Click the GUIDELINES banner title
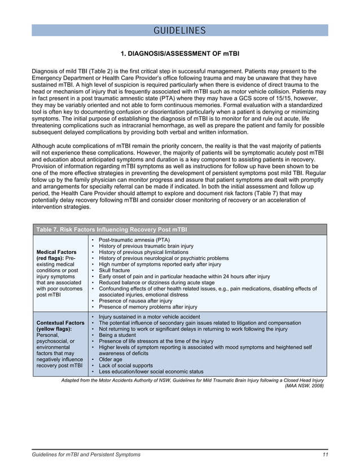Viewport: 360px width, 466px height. tap(180, 30)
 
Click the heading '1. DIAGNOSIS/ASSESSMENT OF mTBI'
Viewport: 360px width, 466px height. tap(180, 54)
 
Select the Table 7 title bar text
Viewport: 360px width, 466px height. tap(111, 230)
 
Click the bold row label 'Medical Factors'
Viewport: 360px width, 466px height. tap(56, 252)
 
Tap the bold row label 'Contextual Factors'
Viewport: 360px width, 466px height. tap(60, 322)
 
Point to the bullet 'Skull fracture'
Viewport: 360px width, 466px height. tap(114, 270)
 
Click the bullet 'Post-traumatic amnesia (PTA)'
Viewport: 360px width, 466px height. tap(134, 240)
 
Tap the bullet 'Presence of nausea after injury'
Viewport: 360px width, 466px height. tap(135, 301)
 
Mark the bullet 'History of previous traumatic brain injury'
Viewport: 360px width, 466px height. tap(146, 246)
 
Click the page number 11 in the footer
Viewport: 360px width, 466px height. tap(325, 454)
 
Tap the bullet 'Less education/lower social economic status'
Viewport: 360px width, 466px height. tap(151, 372)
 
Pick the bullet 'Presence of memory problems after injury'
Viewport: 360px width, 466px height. tap(148, 307)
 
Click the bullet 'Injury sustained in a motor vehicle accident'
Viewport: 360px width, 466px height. tap(149, 317)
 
